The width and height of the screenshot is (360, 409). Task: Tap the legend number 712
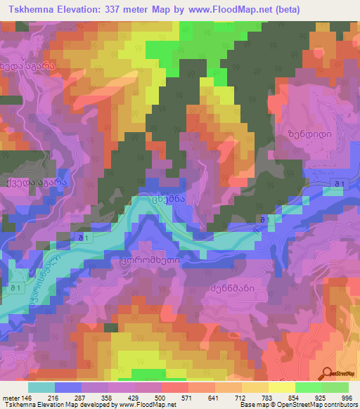click(x=240, y=397)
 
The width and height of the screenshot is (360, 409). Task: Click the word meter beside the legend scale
click(x=11, y=397)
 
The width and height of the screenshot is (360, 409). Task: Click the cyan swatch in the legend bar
click(x=41, y=387)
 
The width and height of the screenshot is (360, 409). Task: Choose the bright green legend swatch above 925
click(x=309, y=387)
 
